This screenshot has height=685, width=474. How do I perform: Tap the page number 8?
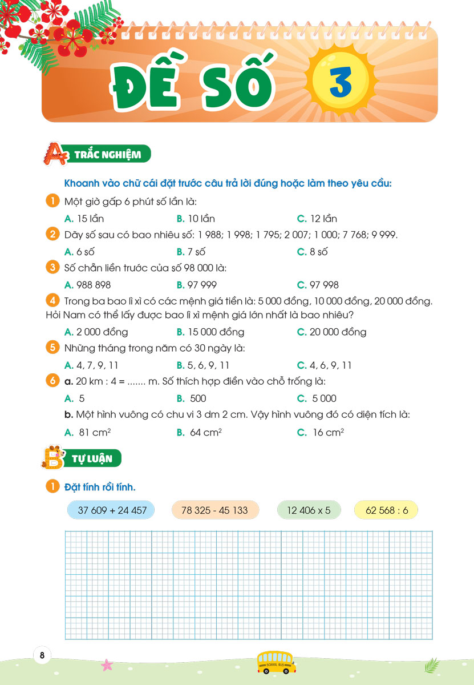tap(42, 655)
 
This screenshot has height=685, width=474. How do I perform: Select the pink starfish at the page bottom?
tap(107, 665)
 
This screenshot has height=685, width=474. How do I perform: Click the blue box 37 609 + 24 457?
tap(110, 510)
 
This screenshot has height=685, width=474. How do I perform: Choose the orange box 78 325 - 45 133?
tap(214, 510)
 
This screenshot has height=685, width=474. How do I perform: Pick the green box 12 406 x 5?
tap(309, 510)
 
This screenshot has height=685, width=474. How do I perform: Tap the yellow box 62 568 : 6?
tap(386, 510)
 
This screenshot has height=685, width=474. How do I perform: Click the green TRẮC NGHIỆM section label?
tap(111, 154)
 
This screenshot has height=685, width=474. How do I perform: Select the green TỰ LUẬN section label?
tap(100, 457)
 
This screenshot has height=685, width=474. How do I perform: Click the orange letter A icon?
tap(55, 154)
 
